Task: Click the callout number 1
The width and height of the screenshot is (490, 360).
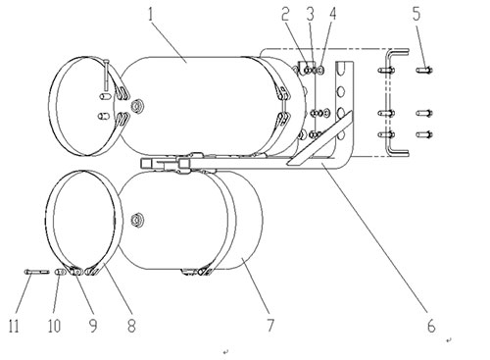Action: tap(150, 15)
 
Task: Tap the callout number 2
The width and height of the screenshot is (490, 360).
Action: tap(286, 15)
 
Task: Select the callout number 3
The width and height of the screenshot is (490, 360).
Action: tap(310, 15)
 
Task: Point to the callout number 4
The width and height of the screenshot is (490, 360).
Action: tap(332, 15)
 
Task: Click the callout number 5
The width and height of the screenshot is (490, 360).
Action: tap(416, 14)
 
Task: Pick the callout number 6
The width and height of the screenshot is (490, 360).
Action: tap(431, 326)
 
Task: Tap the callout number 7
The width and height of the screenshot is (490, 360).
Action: tap(270, 326)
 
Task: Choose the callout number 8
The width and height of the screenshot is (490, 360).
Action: tap(131, 326)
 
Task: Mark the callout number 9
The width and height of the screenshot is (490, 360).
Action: tap(93, 326)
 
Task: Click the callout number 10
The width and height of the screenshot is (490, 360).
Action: tap(54, 326)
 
